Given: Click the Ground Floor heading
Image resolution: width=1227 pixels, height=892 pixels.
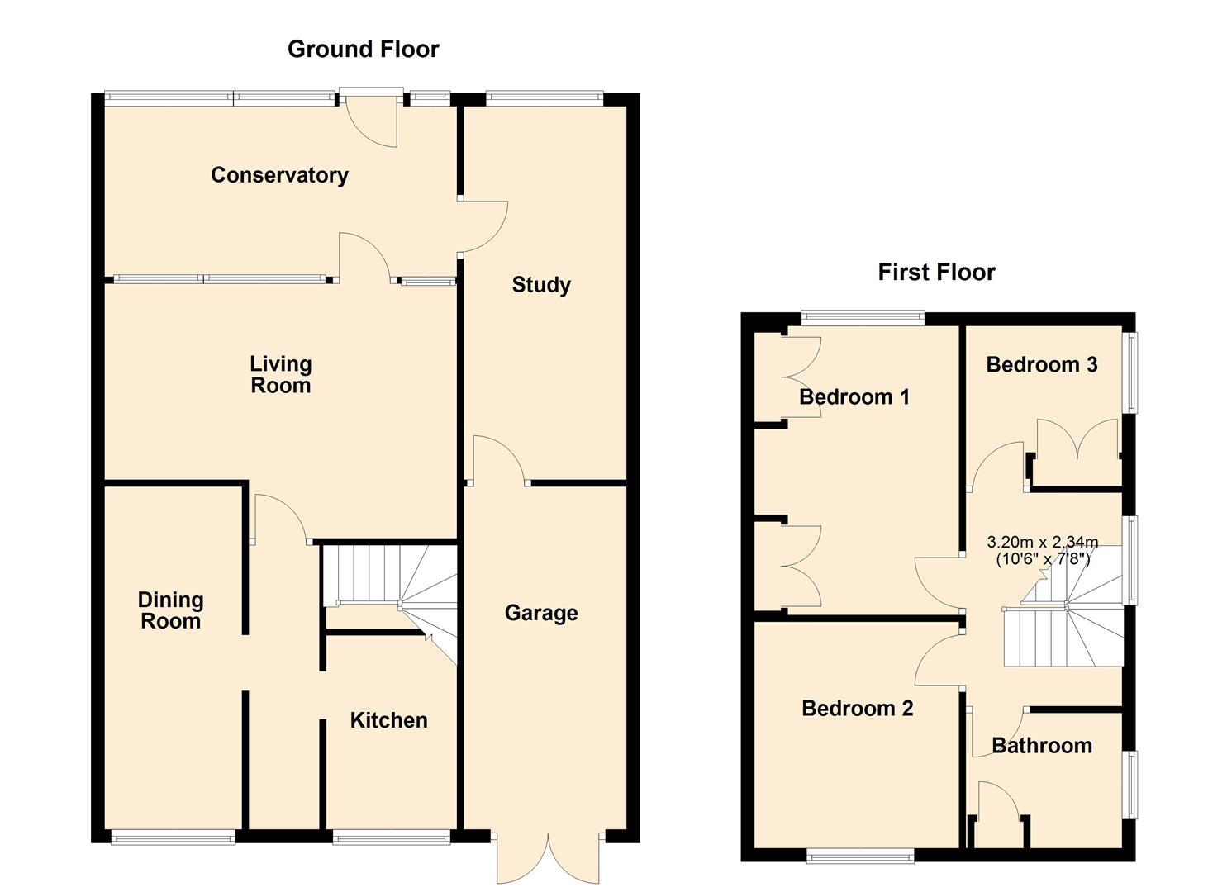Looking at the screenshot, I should [x=363, y=50].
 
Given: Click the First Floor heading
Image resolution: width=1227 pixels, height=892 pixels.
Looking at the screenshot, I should [x=936, y=272].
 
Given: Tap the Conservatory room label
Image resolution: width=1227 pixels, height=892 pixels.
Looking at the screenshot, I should [x=279, y=175].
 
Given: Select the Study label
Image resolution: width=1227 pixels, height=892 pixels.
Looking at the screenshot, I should [x=541, y=285].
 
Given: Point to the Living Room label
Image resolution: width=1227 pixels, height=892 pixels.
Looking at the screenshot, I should [x=281, y=374].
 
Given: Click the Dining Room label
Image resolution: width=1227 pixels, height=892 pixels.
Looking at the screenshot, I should [x=170, y=610].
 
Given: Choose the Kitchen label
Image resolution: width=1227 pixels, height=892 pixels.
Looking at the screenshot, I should [x=388, y=720].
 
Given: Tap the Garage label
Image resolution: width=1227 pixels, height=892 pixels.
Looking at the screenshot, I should [x=541, y=613].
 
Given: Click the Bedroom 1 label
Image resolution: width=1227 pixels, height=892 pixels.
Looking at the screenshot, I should [x=854, y=397].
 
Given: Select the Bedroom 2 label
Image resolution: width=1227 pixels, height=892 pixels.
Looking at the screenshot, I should [x=858, y=709].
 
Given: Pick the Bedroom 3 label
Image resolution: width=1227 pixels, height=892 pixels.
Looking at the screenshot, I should [x=1041, y=364].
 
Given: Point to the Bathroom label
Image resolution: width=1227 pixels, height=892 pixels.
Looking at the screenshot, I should [x=1041, y=746].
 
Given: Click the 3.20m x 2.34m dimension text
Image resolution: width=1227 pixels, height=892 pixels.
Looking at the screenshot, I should [x=1043, y=550].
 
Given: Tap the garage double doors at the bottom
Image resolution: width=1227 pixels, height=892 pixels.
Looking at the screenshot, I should [x=548, y=857].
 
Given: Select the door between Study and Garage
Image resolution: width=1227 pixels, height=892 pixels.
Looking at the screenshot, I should [x=499, y=463].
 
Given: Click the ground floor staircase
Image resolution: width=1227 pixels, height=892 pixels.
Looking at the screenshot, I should [x=388, y=586].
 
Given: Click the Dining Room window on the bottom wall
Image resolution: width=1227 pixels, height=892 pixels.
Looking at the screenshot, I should [x=174, y=838].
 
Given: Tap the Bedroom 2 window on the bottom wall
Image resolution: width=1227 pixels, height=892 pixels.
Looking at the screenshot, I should [x=860, y=857].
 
